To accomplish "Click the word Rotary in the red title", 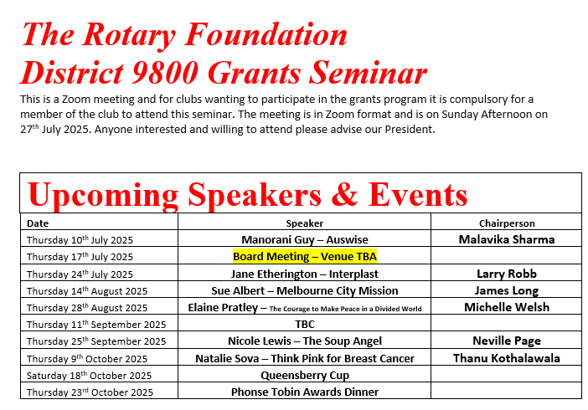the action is point(129,36).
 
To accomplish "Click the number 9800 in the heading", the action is point(165,72).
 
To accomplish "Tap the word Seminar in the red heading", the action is point(369,72).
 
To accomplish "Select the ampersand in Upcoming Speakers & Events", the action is point(344,194).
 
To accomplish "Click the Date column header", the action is point(38,223).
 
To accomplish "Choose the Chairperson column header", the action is point(507,223).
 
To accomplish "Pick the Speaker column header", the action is point(305,223).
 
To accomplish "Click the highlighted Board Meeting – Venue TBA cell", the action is point(305,256).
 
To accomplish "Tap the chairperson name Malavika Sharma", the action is point(507,239).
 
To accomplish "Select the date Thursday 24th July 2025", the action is point(80,274).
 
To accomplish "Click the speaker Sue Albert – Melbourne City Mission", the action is point(305,291).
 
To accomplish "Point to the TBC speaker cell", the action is point(305,324).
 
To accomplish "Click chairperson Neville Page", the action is point(507,341).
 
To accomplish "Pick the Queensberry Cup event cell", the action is point(305,375).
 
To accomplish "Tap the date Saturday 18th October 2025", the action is point(90,375).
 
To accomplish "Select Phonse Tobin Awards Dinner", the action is point(305,392).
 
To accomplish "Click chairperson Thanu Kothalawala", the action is point(507,358).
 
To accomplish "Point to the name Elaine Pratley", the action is point(223,308).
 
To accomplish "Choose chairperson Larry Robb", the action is point(507,274).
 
